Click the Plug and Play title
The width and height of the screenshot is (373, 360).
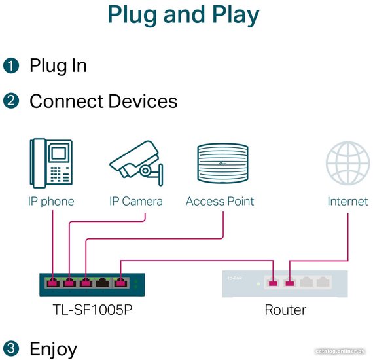183,15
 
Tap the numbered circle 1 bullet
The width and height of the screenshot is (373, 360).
11,65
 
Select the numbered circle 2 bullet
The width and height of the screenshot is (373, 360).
11,101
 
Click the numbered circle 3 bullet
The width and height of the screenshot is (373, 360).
11,349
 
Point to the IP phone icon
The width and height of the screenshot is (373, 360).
51,163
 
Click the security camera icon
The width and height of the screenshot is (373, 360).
136,163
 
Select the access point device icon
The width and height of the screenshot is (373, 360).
222,163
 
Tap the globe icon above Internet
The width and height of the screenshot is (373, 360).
347,163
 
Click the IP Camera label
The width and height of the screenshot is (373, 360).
136,202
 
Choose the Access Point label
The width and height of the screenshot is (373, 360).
220,202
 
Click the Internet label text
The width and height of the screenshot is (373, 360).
347,202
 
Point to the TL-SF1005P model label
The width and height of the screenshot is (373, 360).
92,310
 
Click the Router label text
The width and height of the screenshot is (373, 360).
285,310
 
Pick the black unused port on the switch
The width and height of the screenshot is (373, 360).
102,283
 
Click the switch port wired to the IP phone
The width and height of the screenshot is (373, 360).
53,283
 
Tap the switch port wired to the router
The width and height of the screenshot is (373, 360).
120,283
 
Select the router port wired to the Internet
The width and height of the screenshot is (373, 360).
290,283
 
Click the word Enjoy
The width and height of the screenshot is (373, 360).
53,349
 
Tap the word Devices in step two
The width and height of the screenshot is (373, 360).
143,101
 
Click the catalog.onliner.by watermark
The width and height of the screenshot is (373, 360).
340,351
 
